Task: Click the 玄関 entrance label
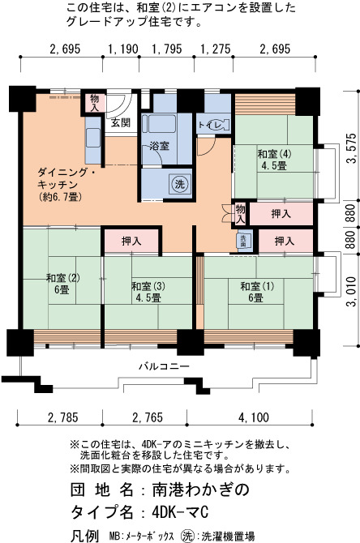pos(121,122)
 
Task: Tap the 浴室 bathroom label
pos(160,146)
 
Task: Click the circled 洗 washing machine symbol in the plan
pos(179,184)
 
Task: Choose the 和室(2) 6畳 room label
pos(62,284)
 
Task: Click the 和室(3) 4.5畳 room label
pos(148,292)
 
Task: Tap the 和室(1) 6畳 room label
pos(257,292)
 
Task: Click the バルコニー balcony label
pos(165,366)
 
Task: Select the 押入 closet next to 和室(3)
pos(131,241)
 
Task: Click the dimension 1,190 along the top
pos(123,49)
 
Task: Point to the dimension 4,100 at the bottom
pos(253,417)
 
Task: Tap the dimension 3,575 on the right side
pos(352,148)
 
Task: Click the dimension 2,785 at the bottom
pos(63,417)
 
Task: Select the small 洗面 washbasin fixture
pos(243,241)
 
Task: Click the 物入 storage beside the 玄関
pos(94,103)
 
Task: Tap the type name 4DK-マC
pos(180,511)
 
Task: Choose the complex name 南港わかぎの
pos(200,490)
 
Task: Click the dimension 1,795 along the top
pos(167,49)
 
